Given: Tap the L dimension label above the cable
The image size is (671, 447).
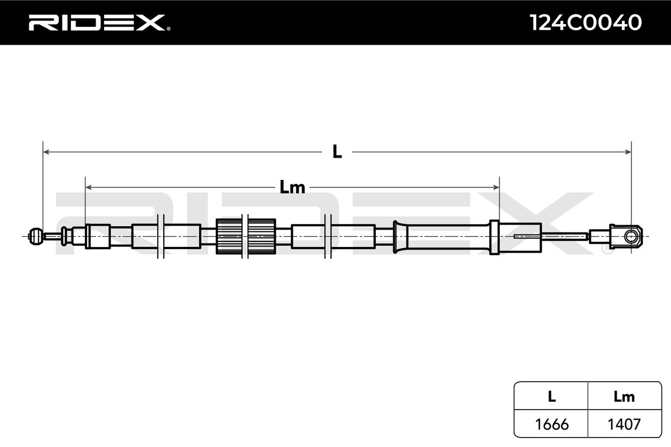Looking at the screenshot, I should (x=337, y=151).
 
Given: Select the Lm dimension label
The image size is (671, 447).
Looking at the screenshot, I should (x=292, y=188).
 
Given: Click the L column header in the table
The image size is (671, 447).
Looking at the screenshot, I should (x=551, y=397).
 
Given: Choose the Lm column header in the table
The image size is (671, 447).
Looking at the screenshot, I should (x=624, y=397).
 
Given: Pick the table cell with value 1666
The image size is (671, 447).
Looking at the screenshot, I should (x=551, y=425).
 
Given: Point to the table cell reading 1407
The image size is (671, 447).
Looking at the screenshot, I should (x=624, y=425).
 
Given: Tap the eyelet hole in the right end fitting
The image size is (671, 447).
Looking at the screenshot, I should (x=632, y=236).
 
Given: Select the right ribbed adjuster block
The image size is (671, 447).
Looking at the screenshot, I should (x=261, y=236).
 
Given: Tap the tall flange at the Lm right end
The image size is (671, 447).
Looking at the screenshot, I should (x=494, y=237).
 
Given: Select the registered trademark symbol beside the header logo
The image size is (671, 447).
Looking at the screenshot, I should (x=168, y=29).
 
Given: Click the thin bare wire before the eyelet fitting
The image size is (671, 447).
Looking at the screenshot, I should (x=565, y=236).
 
